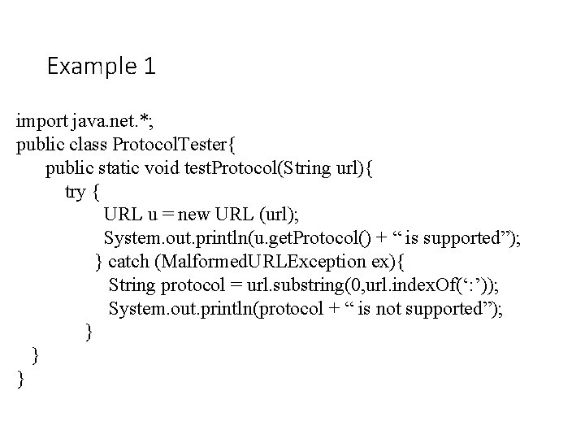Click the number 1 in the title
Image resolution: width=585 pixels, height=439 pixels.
(149, 66)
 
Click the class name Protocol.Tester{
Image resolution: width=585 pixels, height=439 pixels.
(175, 146)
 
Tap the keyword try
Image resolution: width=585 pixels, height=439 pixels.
(75, 193)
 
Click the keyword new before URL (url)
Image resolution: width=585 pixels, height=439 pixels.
(194, 215)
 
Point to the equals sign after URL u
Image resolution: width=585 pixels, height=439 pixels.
(167, 215)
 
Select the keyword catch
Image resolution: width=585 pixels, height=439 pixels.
(128, 262)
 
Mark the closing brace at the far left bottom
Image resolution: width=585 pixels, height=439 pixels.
(19, 379)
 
